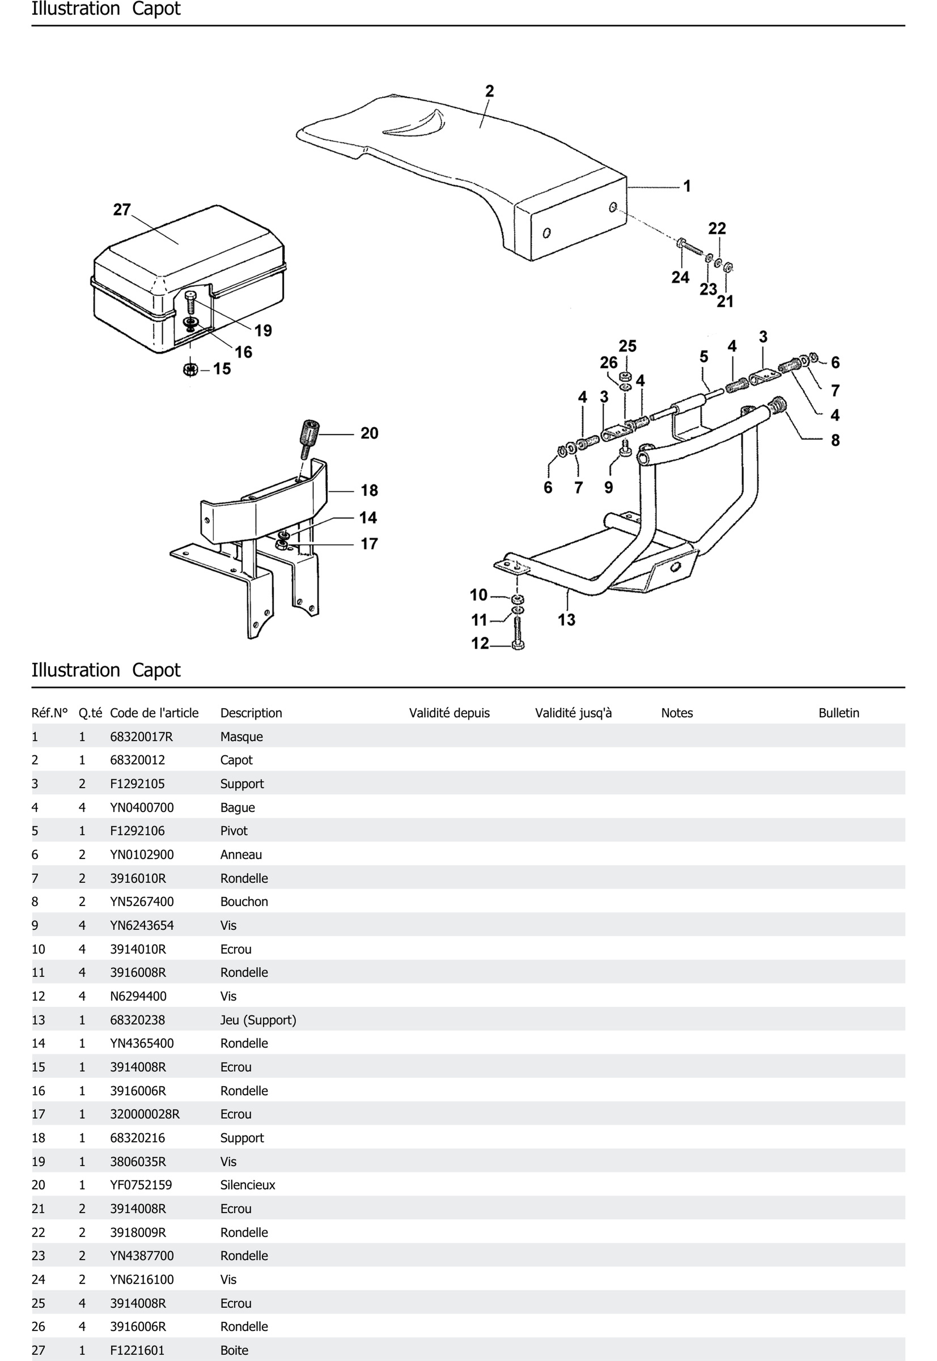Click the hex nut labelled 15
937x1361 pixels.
click(x=190, y=370)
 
